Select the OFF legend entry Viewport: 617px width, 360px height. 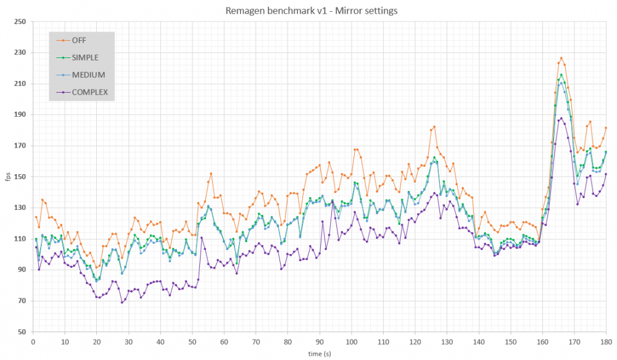pos(79,41)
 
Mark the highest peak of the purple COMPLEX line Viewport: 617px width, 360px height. pos(561,119)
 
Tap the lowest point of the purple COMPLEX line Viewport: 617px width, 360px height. pos(122,303)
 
